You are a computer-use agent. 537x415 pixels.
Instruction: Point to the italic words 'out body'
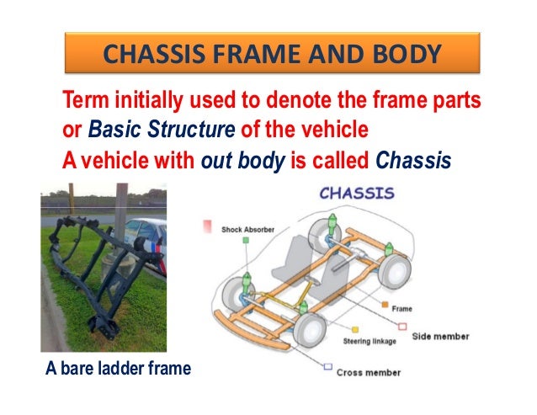(x=244, y=159)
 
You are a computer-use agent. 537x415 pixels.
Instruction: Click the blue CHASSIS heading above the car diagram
(x=356, y=194)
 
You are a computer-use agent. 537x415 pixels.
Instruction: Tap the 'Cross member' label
(x=368, y=372)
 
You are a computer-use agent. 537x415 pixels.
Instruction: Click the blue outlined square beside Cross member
(x=327, y=365)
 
